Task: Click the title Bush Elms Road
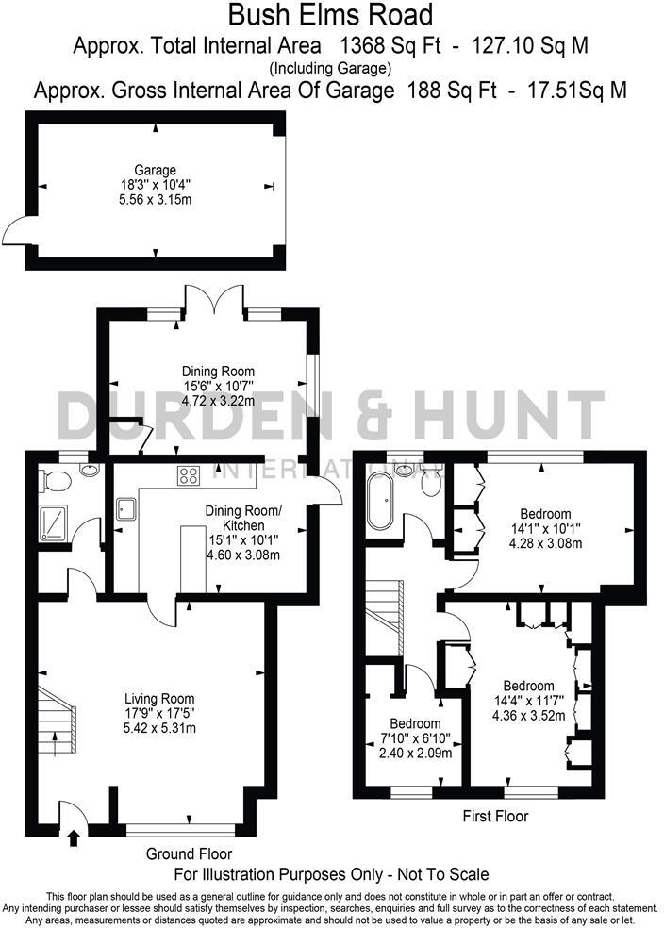coord(331,16)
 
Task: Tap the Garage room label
coord(155,171)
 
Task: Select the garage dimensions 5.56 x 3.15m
coord(155,201)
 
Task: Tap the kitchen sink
coord(126,509)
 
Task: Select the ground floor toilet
coord(56,482)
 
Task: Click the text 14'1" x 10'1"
coord(545,528)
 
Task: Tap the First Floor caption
coord(496,816)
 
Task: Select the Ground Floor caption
coord(184,854)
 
